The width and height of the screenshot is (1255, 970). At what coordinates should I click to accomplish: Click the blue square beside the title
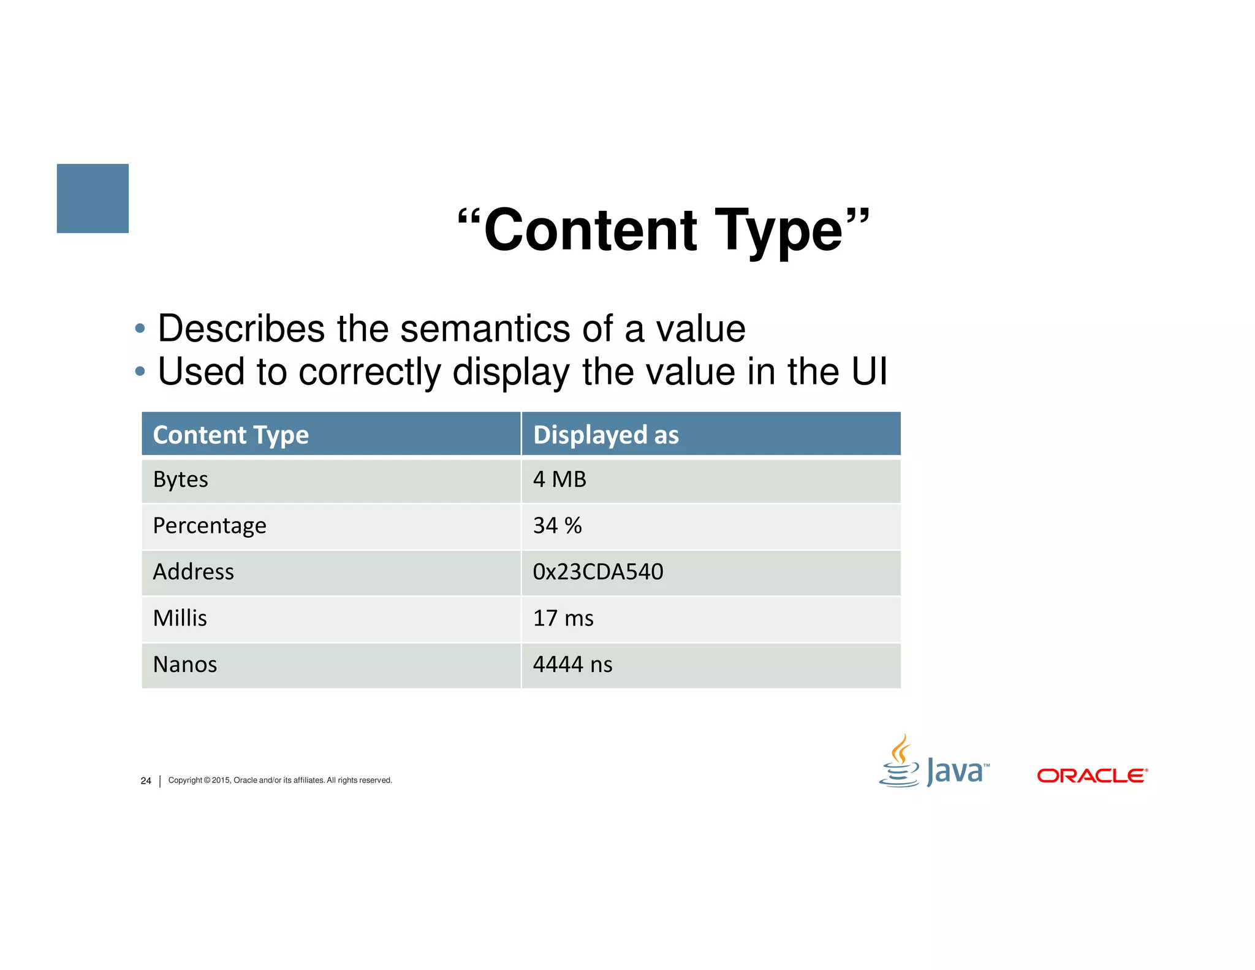click(x=93, y=198)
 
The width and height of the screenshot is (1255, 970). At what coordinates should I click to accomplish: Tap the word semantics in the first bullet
click(x=485, y=329)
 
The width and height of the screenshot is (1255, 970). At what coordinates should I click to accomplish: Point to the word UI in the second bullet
click(x=868, y=372)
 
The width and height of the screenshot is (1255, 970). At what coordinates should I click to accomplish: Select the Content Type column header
click(x=230, y=435)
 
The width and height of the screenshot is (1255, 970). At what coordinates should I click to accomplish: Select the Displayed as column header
click(x=605, y=435)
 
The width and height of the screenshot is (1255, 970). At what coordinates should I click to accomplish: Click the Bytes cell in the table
click(x=180, y=479)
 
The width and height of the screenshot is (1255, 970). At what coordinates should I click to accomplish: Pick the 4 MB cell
click(x=559, y=479)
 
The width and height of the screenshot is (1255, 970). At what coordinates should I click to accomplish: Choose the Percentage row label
click(x=209, y=525)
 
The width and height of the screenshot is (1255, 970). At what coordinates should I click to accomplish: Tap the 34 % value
click(x=556, y=525)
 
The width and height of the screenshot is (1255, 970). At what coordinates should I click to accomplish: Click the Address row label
click(x=193, y=571)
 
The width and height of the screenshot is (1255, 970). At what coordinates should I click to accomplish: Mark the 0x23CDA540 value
click(x=597, y=571)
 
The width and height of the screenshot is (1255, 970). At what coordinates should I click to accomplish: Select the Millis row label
click(x=180, y=618)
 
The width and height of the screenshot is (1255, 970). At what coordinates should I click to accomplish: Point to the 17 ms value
click(x=563, y=618)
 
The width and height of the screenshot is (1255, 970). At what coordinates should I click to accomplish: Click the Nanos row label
click(x=184, y=665)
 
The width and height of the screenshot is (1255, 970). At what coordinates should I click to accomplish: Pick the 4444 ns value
click(x=572, y=665)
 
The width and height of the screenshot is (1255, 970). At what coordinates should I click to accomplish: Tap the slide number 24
click(x=146, y=781)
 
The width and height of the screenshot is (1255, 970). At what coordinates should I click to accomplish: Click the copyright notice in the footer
click(x=280, y=780)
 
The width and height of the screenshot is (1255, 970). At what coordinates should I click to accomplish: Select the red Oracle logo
click(x=1091, y=776)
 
